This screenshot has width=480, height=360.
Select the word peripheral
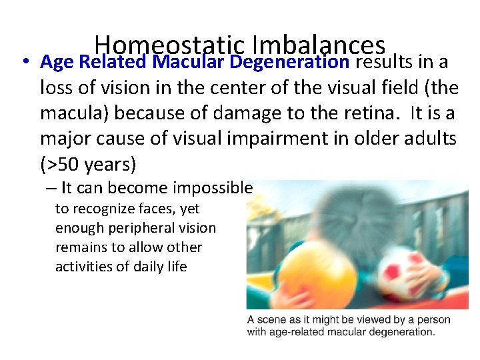[131, 228]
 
